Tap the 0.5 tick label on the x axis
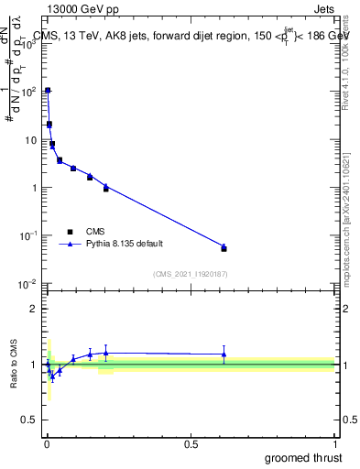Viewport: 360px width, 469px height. pos(191,443)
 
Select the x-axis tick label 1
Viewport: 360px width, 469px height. pos(333,443)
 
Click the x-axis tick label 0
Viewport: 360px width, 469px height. pos(47,443)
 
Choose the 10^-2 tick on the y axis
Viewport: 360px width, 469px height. pos(30,283)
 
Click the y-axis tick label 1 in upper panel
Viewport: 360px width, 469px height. pos(36,188)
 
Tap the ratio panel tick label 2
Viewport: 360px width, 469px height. pos(36,309)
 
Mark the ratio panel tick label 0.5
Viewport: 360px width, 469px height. pos(32,420)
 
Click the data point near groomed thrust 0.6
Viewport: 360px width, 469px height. pos(224,248)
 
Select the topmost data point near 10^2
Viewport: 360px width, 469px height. pos(48,91)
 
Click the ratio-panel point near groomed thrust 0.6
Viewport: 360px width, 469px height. pos(224,354)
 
